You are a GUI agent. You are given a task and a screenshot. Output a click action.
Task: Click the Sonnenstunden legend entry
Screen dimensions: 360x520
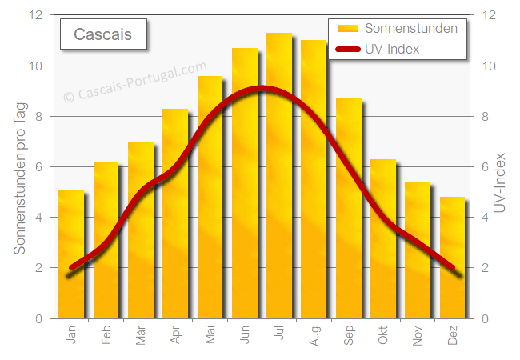[398, 28]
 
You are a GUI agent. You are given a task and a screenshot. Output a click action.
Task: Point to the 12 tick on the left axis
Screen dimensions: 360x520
[36, 15]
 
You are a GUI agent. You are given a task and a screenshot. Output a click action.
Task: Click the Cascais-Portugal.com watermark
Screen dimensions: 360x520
[134, 82]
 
